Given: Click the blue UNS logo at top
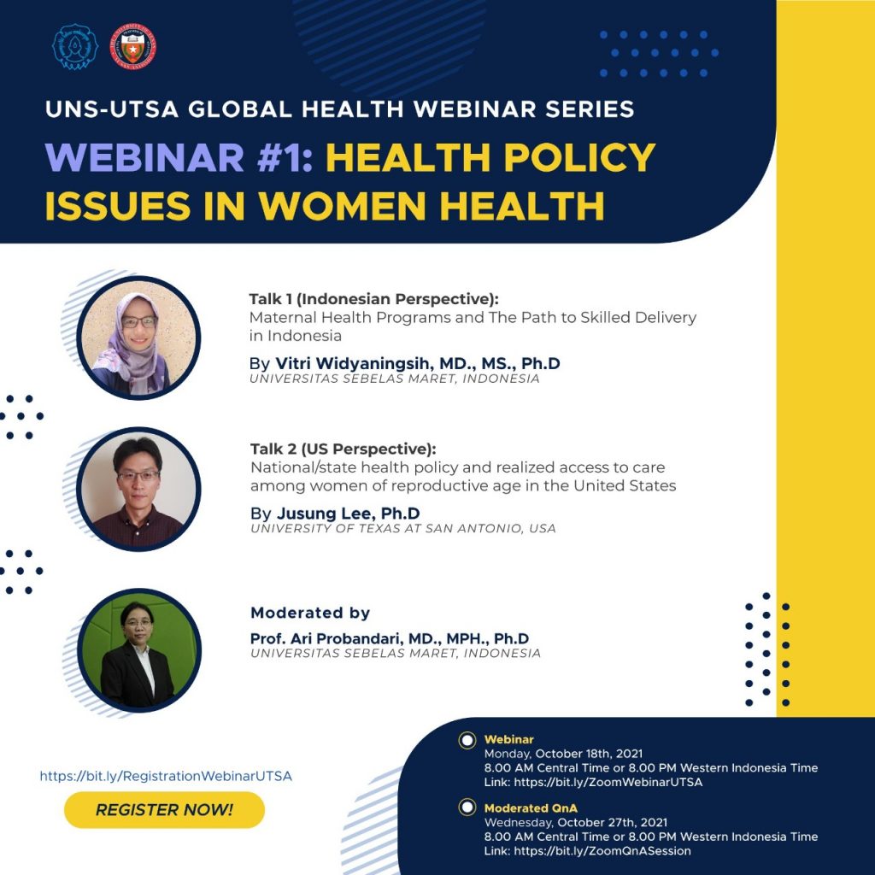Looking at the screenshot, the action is (75, 47).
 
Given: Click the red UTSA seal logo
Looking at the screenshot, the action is (132, 47).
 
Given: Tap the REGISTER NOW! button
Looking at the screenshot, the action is (164, 810).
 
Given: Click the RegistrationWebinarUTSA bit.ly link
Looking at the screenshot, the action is (166, 776).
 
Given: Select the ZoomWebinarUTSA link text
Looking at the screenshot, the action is (608, 783).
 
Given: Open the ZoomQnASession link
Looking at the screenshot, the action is (602, 851).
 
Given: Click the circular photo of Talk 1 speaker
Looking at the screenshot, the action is (138, 338).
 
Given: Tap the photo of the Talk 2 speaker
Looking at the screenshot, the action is (138, 489).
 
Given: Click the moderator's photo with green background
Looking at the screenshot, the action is (139, 650).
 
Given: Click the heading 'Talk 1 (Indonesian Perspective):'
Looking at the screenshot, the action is (374, 299).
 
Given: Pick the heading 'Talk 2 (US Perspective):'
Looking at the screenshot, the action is (344, 449).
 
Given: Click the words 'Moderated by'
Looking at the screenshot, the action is (310, 613).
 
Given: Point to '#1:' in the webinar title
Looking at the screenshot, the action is (285, 157).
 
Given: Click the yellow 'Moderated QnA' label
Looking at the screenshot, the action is (531, 808).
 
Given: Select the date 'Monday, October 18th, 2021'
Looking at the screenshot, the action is (564, 754).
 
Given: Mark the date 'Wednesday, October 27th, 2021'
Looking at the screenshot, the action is (576, 823).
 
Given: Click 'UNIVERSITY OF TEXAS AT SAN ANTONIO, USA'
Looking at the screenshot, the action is (403, 528).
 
